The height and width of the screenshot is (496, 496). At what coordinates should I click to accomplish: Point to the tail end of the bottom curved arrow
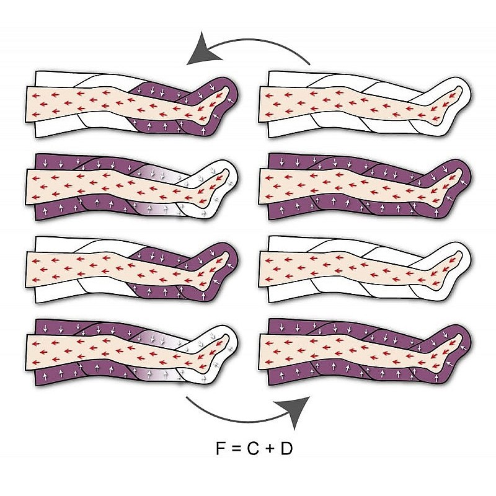pyautogui.click(x=188, y=398)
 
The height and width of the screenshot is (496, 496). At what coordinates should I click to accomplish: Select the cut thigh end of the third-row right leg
pyautogui.click(x=262, y=268)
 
